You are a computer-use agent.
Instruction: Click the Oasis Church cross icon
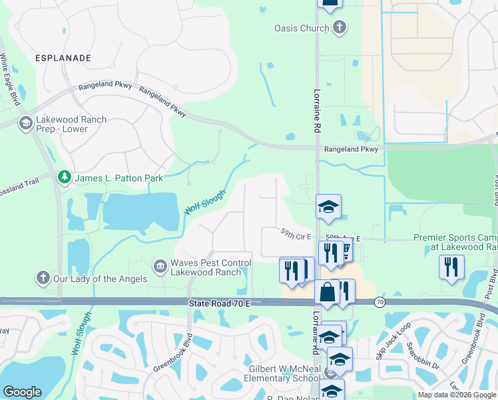[340, 28]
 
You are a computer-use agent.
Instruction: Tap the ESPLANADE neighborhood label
[63, 58]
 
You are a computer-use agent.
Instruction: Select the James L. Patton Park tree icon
[65, 177]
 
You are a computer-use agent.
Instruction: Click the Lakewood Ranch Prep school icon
[25, 123]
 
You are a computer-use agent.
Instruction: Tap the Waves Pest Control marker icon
[160, 267]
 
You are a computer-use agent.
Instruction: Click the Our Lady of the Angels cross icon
[43, 277]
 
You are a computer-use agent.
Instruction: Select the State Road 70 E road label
[219, 303]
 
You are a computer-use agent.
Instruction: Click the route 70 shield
[379, 302]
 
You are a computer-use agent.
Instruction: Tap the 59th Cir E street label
[296, 235]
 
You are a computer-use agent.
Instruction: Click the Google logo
[22, 392]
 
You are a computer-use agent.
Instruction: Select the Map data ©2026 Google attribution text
[457, 395]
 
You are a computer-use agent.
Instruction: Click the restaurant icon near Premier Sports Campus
[451, 267]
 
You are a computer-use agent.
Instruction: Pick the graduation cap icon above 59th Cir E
[328, 207]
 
